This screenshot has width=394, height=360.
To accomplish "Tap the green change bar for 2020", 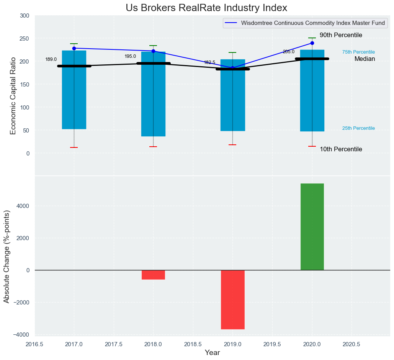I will click(312, 227).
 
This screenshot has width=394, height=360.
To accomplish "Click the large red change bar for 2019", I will click(232, 299).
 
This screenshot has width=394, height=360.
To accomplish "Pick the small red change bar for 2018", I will click(153, 275).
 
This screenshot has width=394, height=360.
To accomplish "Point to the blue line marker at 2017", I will click(74, 48).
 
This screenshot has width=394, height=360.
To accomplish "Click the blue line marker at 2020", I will click(312, 43).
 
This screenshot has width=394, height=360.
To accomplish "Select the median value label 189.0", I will click(51, 59).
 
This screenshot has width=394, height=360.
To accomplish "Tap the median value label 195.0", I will click(130, 56).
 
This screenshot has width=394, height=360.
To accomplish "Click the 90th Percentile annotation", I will click(341, 35).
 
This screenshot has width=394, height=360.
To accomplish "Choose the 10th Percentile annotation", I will click(341, 149).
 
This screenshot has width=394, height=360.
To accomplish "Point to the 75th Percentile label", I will click(358, 52).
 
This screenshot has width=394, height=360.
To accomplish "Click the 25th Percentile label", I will click(358, 128).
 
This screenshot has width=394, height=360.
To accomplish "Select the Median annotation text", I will click(365, 59).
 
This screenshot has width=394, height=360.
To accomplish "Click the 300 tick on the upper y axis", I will click(25, 16).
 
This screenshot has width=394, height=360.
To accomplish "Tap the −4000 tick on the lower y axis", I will click(21, 335).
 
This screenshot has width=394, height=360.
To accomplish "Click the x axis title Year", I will click(212, 353).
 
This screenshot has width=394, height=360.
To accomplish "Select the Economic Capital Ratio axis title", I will click(13, 95).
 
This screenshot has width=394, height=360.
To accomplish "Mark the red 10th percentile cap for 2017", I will click(74, 147).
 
